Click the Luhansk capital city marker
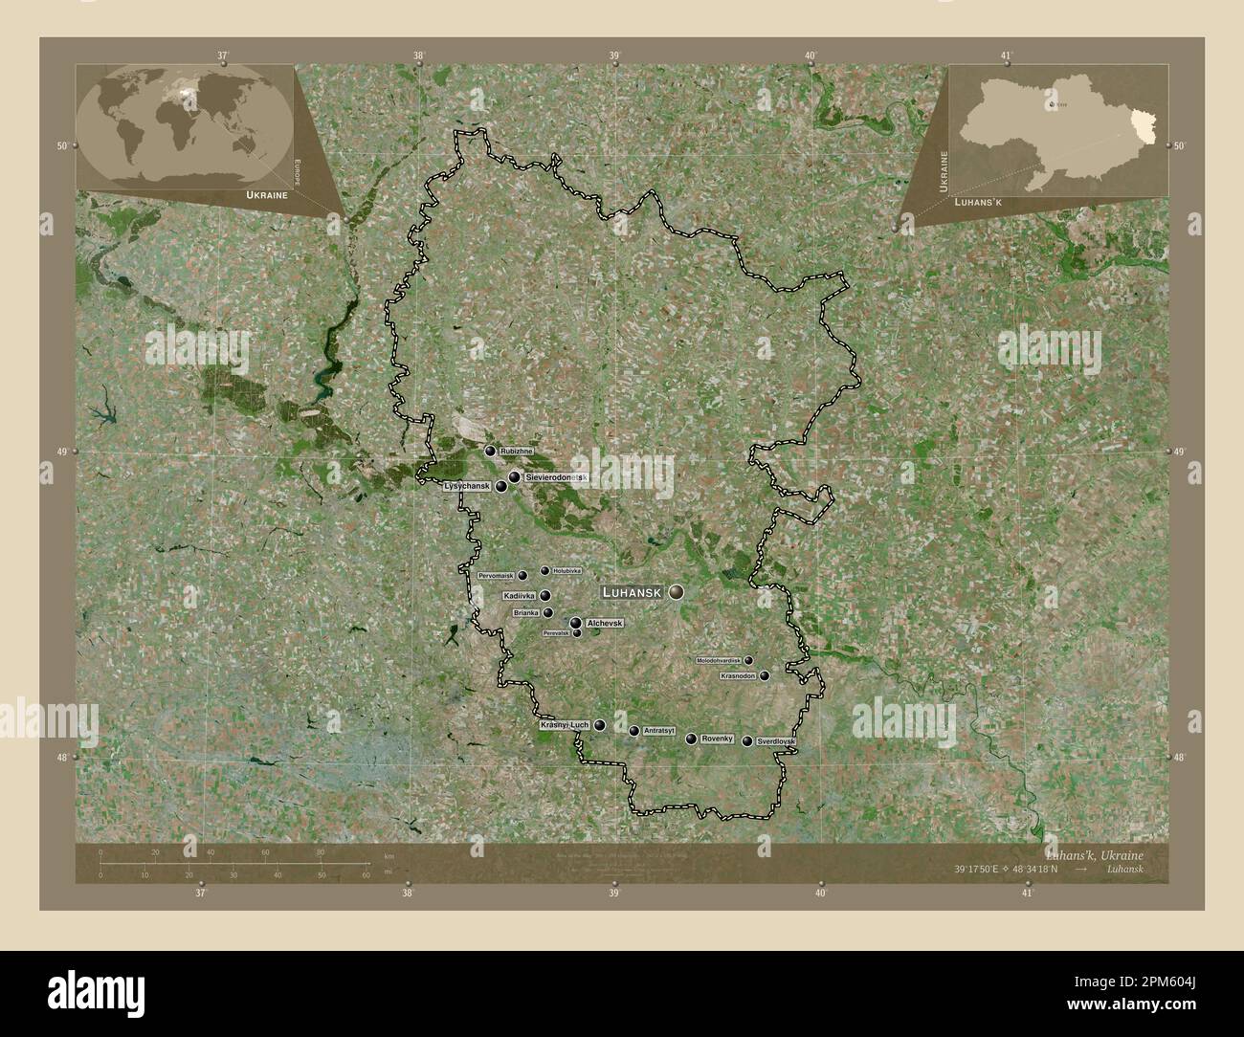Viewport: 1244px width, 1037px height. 677,593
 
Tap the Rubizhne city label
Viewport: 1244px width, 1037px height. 516,451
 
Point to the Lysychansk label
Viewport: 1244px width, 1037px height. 467,486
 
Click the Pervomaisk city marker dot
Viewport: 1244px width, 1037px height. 522,576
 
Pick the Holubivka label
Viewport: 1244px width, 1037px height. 566,571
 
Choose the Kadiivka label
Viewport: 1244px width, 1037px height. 518,595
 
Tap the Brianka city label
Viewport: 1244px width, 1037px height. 526,612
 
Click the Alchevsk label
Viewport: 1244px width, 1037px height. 605,623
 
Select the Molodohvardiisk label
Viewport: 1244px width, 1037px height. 719,660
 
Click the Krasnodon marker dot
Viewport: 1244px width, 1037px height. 764,675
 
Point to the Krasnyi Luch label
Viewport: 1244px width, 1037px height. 564,726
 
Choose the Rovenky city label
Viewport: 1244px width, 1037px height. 717,739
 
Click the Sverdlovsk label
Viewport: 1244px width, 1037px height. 775,741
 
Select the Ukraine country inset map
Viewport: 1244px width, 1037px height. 1058,129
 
